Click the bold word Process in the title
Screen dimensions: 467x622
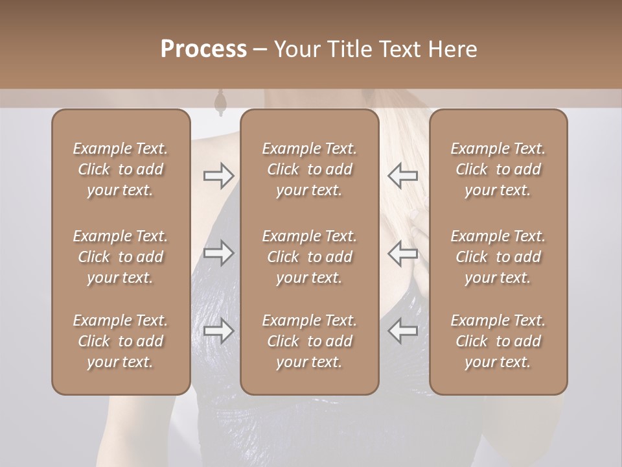203,49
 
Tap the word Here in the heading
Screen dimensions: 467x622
452,49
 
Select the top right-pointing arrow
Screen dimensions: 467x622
218,176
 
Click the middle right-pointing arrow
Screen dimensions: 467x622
218,253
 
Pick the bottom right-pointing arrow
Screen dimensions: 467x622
218,331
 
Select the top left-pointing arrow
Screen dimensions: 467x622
403,176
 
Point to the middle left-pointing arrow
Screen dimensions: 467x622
403,253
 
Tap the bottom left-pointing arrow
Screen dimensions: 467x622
403,331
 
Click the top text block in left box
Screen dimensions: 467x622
121,169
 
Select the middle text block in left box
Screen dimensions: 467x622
121,257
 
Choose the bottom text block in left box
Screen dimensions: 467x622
121,341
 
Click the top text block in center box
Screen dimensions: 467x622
309,169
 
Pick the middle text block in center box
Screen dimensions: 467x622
309,257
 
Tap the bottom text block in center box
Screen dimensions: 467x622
309,341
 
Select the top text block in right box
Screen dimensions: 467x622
498,169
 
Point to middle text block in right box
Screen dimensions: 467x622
498,257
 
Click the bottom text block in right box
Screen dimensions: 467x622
498,341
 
